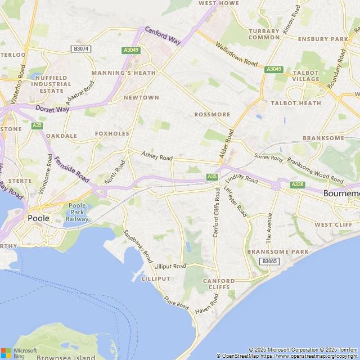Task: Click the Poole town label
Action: tap(38, 218)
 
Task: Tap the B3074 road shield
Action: tap(81, 49)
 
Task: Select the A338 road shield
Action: tap(298, 184)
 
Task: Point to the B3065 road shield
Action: tap(269, 261)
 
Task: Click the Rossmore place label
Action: tap(212, 114)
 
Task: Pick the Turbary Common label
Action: tap(264, 34)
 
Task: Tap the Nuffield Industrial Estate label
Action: tap(51, 84)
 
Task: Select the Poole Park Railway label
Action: tap(78, 212)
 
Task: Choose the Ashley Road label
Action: tap(157, 157)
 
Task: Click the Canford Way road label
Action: tap(163, 35)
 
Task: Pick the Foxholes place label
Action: tap(112, 134)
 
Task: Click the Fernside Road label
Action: tap(71, 169)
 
